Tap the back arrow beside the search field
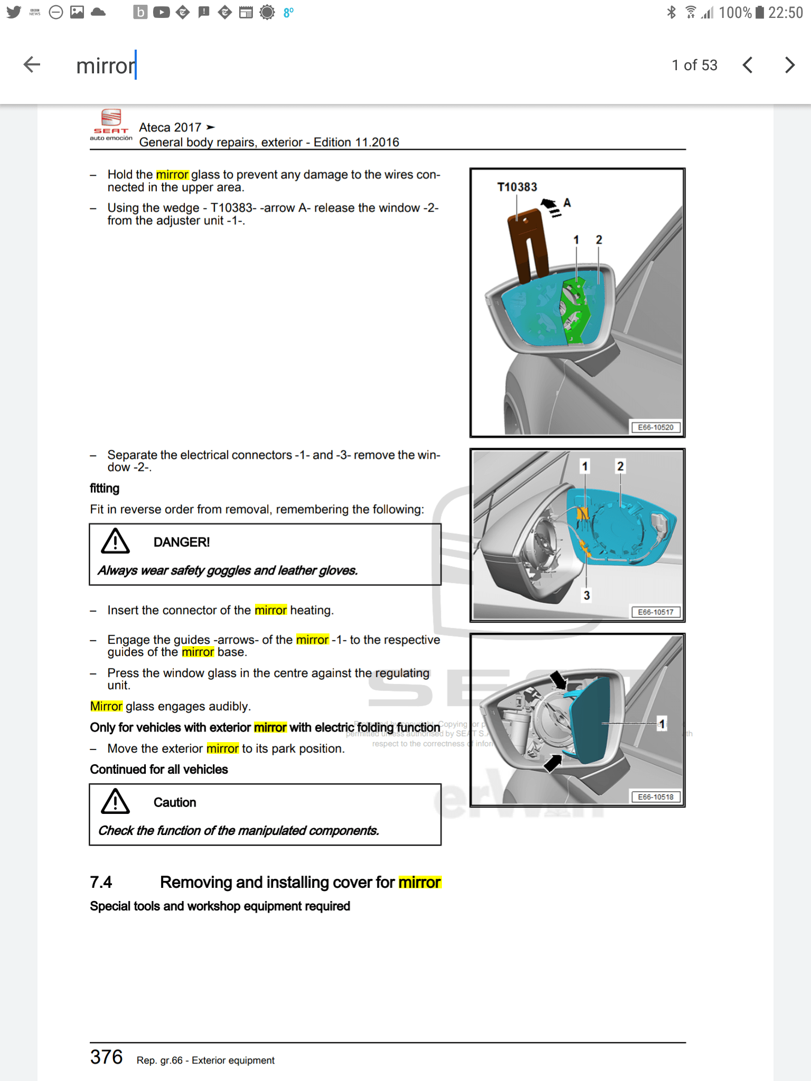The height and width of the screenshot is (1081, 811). [x=32, y=65]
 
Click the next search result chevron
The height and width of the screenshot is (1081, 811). [x=789, y=65]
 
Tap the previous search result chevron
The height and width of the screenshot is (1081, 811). [x=747, y=65]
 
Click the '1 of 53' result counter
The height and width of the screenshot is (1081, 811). [x=694, y=65]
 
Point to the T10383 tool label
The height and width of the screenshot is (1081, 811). [x=517, y=187]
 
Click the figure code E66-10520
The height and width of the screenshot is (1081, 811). [x=655, y=428]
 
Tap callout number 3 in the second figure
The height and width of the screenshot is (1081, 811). [x=587, y=595]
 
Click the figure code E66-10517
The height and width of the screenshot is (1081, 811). [x=655, y=612]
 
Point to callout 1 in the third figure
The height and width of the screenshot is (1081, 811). [x=662, y=724]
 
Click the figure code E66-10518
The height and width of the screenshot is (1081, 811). [x=655, y=797]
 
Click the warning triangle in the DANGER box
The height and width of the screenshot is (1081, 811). [x=115, y=542]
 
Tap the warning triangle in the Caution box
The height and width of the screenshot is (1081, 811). [x=115, y=802]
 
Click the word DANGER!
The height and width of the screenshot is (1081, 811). [x=182, y=542]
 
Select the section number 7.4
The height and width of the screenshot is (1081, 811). [x=101, y=882]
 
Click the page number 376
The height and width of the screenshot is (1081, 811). [x=106, y=1057]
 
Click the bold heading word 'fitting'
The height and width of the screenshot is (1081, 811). [x=105, y=488]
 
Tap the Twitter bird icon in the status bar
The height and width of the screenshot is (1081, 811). [x=14, y=12]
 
